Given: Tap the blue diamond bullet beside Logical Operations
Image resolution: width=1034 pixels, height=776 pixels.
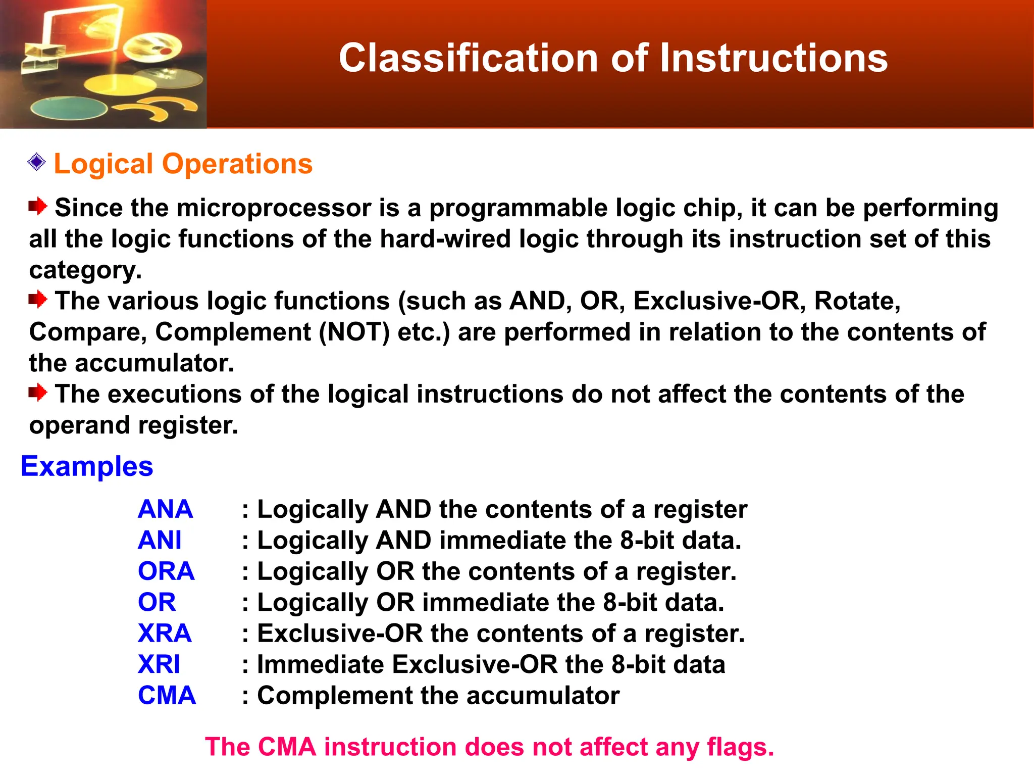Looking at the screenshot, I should point(37,163).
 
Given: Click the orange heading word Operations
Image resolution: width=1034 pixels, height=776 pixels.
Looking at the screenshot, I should point(237,164).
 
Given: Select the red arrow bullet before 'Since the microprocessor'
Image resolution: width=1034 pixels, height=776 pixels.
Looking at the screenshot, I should point(38,206).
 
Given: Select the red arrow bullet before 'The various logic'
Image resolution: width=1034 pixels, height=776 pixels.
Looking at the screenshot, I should point(38,300).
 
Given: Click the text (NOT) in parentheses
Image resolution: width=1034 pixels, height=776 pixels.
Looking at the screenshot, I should point(354,332).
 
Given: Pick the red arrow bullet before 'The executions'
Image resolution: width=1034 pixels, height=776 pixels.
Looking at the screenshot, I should point(38,393).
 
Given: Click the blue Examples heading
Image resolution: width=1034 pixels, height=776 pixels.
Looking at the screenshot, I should point(87,466).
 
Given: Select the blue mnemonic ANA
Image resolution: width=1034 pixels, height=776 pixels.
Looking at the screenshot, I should point(165,509).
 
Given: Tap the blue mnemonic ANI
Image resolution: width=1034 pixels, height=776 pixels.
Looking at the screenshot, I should point(160,540).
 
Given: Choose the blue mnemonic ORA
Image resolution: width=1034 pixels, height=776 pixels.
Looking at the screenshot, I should point(166,571).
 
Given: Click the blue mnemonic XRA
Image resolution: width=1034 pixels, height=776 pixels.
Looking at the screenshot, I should point(165,634).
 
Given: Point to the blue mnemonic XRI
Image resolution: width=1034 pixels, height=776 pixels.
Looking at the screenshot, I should point(159,664).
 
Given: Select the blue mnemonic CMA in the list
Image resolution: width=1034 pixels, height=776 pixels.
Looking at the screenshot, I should point(167,696).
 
